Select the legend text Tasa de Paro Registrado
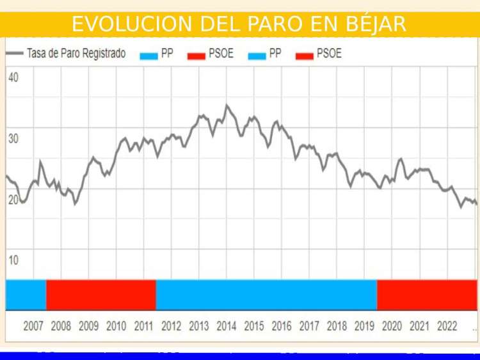click(76, 54)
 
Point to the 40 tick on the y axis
click(13, 77)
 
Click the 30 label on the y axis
click(13, 138)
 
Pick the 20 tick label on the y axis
click(13, 200)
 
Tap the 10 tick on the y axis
click(13, 260)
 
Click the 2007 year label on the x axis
click(34, 326)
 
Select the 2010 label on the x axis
click(116, 326)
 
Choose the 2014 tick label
click(227, 326)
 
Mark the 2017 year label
click(309, 326)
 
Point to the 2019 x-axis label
click(364, 326)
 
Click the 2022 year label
click(447, 326)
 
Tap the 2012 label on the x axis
click(172, 326)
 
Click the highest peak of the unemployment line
click(227, 106)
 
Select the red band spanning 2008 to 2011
click(101, 295)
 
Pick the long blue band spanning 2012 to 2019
click(266, 295)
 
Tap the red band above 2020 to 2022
click(427, 295)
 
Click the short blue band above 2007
click(26, 295)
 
